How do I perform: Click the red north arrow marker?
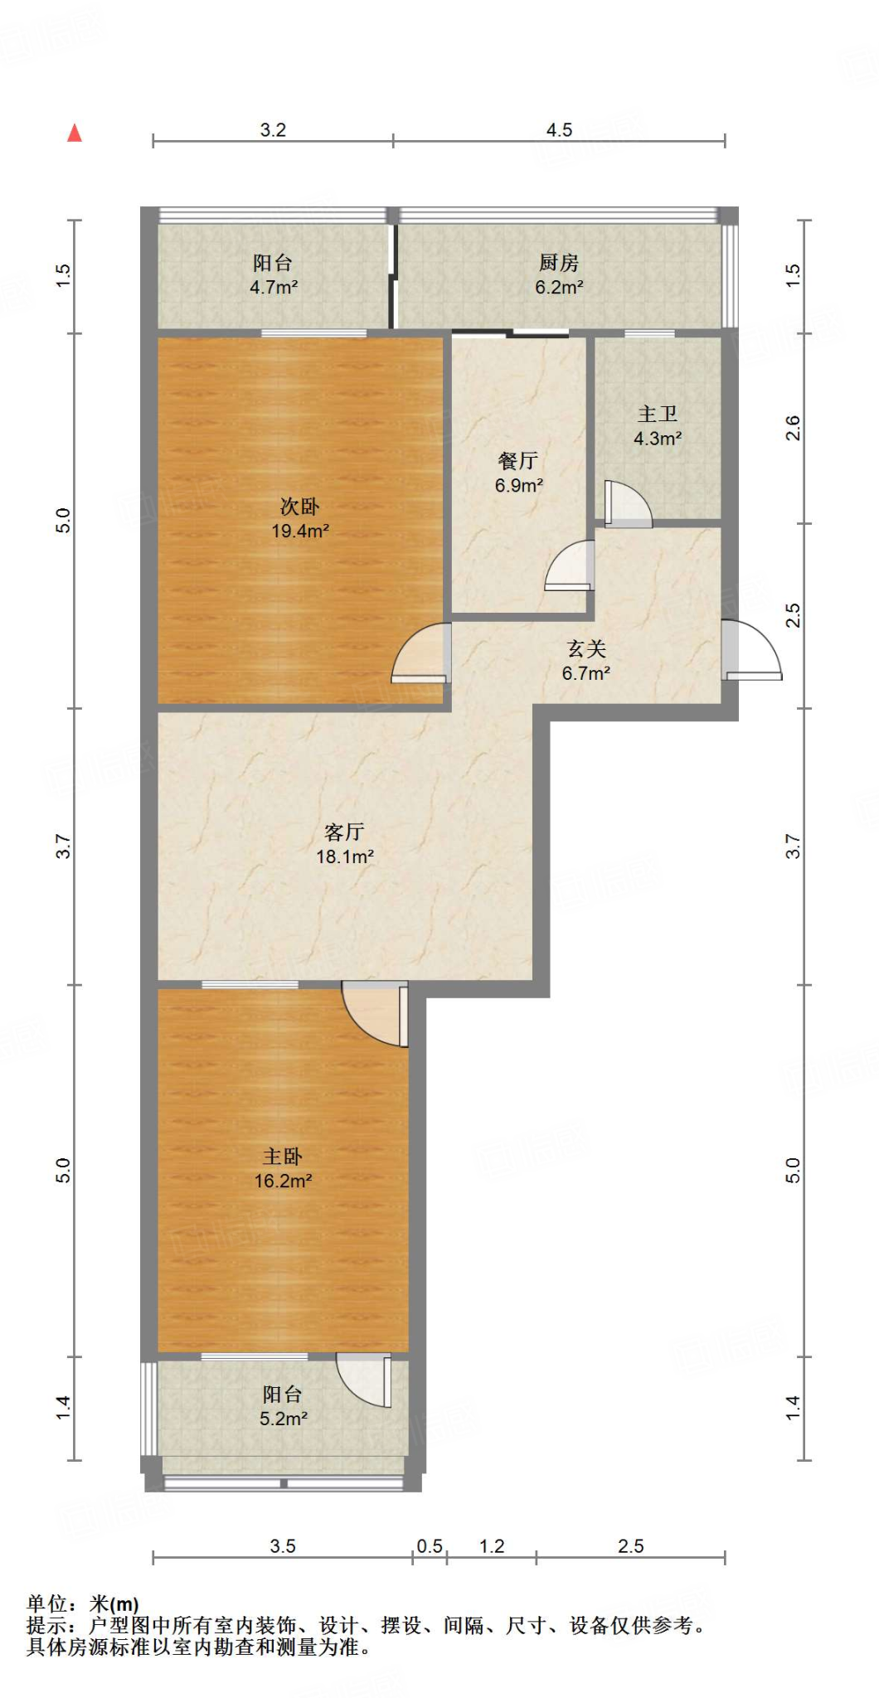75,133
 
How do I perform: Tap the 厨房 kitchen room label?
558,263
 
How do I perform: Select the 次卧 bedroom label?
299,506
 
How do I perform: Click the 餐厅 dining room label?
518,461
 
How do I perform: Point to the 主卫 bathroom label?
658,414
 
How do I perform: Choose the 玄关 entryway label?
586,649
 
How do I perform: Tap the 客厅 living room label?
344,832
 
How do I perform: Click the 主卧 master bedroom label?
282,1156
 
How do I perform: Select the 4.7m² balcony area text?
274,288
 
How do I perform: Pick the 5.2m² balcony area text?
284,1419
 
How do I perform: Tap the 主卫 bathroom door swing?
627,504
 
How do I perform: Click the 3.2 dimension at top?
273,130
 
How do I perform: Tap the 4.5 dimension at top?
559,130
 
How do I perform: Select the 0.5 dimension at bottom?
430,1546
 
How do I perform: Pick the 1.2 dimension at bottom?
492,1546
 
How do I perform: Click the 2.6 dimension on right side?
793,428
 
